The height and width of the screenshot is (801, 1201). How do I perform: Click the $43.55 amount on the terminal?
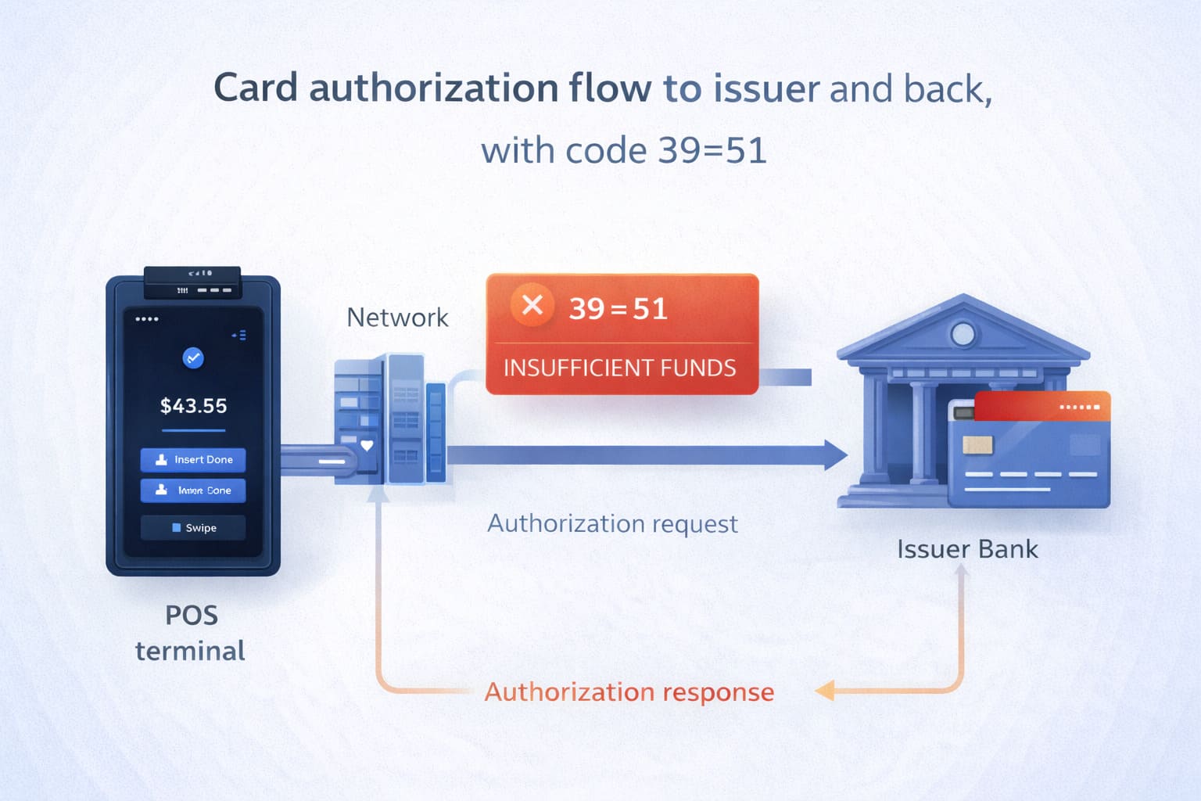click(x=193, y=406)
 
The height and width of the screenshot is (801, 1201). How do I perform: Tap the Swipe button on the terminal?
click(x=193, y=528)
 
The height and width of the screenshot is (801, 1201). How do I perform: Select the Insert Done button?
click(x=193, y=460)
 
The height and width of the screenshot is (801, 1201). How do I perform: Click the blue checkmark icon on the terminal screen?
click(x=193, y=358)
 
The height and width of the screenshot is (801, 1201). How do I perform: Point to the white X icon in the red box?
click(x=532, y=304)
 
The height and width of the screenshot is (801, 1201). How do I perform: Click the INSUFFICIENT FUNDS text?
click(x=619, y=368)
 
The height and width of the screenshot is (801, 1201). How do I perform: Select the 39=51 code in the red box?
click(x=618, y=309)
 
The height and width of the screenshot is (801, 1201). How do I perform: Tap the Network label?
click(x=397, y=318)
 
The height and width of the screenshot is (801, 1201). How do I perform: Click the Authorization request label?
click(x=612, y=523)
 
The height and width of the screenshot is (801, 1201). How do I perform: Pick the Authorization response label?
click(x=629, y=692)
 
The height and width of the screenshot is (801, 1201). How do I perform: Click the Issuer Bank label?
click(x=967, y=549)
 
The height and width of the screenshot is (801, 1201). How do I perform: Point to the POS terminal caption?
click(x=191, y=633)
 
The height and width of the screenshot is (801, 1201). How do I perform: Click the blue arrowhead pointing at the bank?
click(x=835, y=454)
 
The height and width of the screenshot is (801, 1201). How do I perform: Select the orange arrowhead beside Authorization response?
click(x=826, y=691)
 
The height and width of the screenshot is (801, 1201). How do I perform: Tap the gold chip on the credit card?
click(x=978, y=445)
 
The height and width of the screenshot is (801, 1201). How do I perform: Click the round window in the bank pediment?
click(x=963, y=335)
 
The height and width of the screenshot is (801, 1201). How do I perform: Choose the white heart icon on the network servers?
click(x=367, y=446)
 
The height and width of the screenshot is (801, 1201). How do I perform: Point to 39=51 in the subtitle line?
click(x=712, y=150)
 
